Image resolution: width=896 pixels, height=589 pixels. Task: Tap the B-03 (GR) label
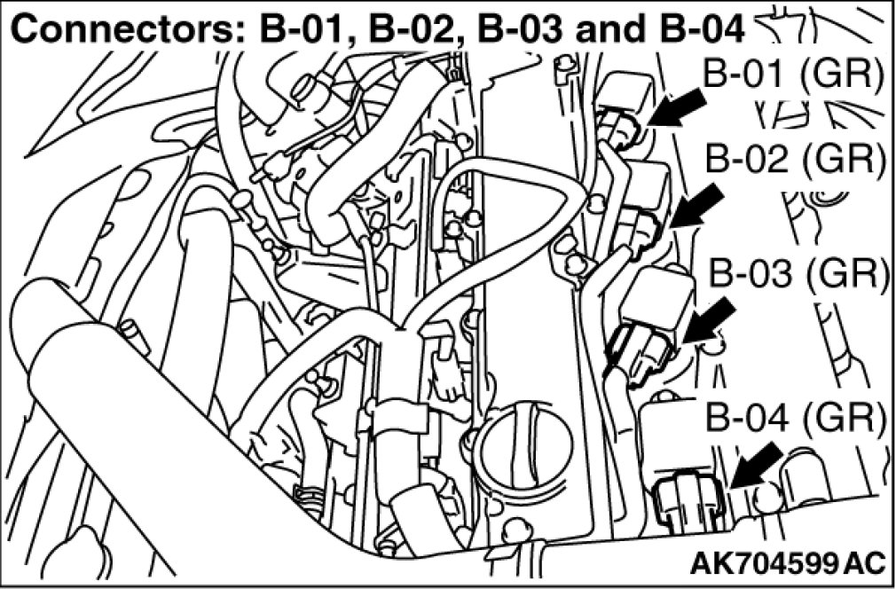point(799,274)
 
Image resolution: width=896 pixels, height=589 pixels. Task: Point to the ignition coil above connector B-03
point(656,298)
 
